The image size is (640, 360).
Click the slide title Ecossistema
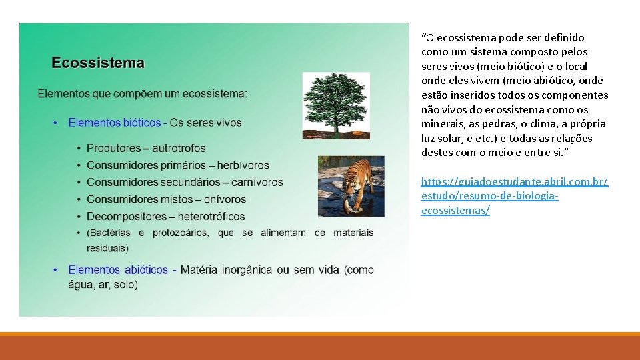coord(98,63)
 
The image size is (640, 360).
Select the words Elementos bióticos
coord(115,123)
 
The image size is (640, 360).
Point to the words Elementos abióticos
coord(118,270)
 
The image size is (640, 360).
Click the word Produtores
coord(113,148)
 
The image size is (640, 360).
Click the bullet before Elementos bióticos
coord(55,123)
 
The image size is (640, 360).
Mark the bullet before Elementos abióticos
coord(55,270)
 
